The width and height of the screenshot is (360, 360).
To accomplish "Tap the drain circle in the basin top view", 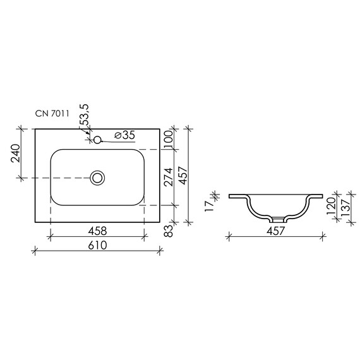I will [98, 177].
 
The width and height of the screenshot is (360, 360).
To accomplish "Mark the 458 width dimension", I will [97, 230].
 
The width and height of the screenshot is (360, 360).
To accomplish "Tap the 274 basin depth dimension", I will [169, 177].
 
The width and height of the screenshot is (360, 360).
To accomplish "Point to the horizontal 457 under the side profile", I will [277, 231].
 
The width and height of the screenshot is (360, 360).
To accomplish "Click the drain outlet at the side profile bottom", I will [278, 219].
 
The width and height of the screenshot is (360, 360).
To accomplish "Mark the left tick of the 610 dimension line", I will [34, 251].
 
